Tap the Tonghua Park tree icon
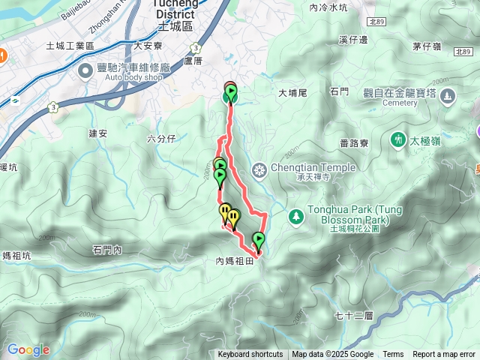click(296, 215)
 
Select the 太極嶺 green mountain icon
click(397, 139)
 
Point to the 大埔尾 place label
click(293, 94)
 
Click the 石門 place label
click(340, 91)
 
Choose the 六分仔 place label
click(161, 138)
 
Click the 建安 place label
click(98, 133)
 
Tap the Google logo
click(28, 349)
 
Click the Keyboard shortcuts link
click(250, 355)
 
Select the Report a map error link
click(445, 355)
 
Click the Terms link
click(393, 355)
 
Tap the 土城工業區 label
click(90, 46)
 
